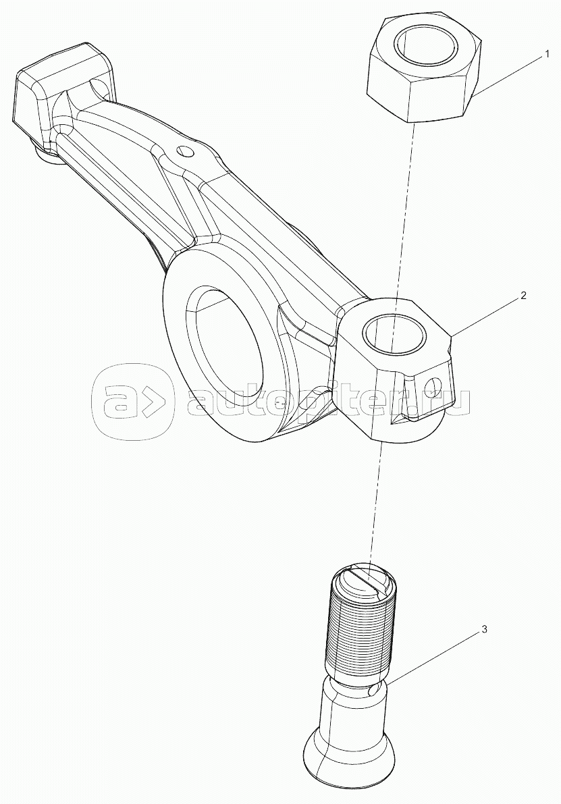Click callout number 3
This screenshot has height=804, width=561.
tap(483, 629)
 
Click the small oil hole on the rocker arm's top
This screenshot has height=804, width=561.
tap(182, 152)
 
